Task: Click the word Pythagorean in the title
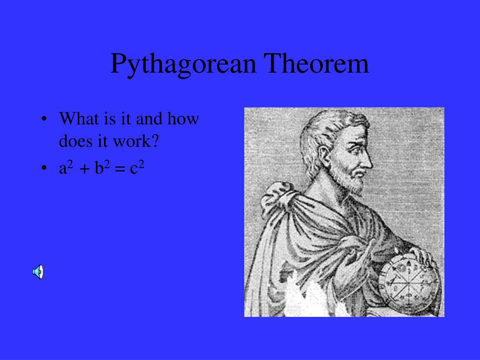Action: click(183, 64)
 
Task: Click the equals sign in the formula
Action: click(119, 169)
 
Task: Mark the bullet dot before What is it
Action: click(44, 119)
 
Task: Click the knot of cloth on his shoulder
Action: click(279, 195)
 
